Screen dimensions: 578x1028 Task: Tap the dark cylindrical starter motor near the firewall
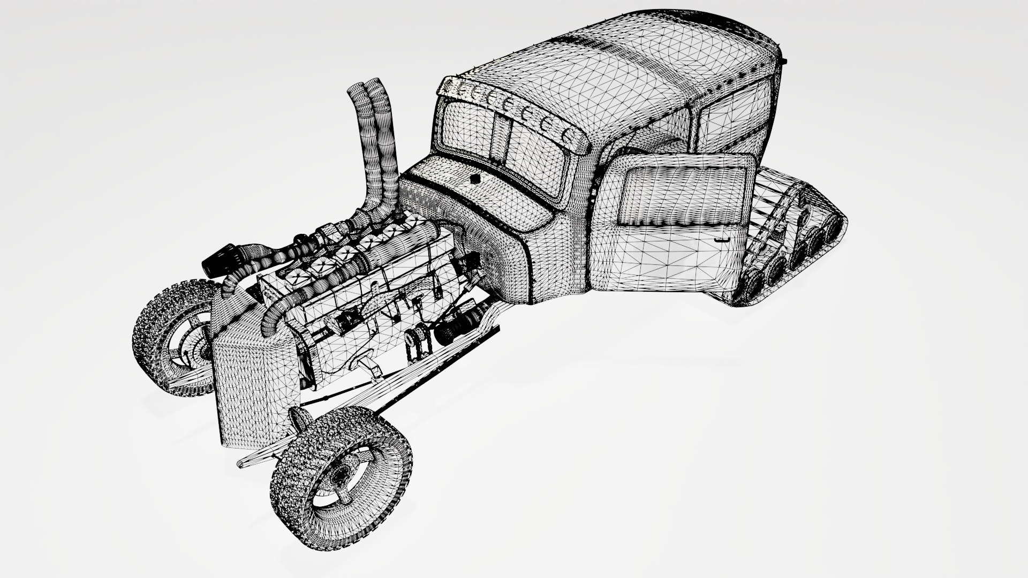click(x=455, y=326)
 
